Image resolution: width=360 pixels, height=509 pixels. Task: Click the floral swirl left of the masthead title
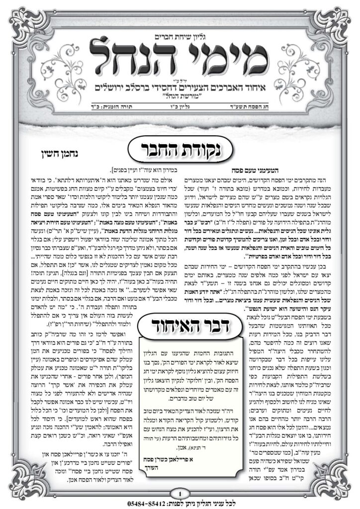[x=75, y=55]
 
